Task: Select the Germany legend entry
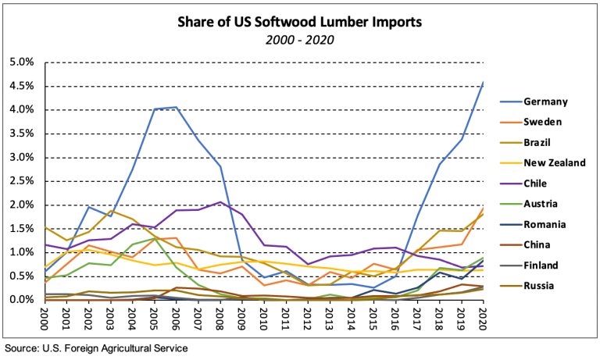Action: coord(545,102)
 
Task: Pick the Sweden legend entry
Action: coord(543,123)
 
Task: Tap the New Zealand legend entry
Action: coord(553,163)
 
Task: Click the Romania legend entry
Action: coord(545,225)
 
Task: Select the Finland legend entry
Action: coord(542,266)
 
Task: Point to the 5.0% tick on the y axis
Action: coord(21,62)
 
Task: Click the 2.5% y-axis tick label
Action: coord(21,181)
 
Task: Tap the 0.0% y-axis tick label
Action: coord(21,300)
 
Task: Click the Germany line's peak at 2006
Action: coord(176,107)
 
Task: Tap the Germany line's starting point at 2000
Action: coord(45,270)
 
